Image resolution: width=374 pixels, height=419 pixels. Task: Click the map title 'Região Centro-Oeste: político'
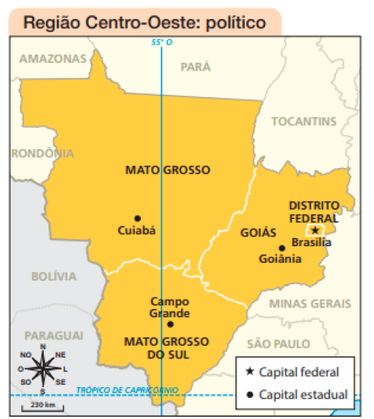pyautogui.click(x=145, y=23)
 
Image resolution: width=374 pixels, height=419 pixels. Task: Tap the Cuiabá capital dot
pyautogui.click(x=137, y=218)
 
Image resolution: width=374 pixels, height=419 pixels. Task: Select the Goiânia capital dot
pyautogui.click(x=282, y=248)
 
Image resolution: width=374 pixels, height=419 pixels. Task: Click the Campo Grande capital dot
pyautogui.click(x=170, y=324)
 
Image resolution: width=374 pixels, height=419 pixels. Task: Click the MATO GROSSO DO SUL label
pyautogui.click(x=157, y=348)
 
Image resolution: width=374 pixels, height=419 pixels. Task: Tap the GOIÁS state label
pyautogui.click(x=258, y=233)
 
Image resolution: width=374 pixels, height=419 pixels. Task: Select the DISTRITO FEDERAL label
pyautogui.click(x=314, y=211)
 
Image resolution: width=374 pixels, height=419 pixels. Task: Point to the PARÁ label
pyautogui.click(x=195, y=67)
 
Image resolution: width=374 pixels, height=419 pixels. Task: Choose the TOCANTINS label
pyautogui.click(x=303, y=121)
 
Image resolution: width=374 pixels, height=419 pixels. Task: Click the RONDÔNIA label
pyautogui.click(x=42, y=153)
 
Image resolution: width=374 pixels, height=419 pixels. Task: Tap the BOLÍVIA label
pyautogui.click(x=54, y=277)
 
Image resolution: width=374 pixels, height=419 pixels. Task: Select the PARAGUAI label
pyautogui.click(x=53, y=335)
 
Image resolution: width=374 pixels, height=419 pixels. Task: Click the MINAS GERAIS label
pyautogui.click(x=310, y=303)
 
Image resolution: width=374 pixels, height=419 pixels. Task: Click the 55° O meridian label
pyautogui.click(x=161, y=44)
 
